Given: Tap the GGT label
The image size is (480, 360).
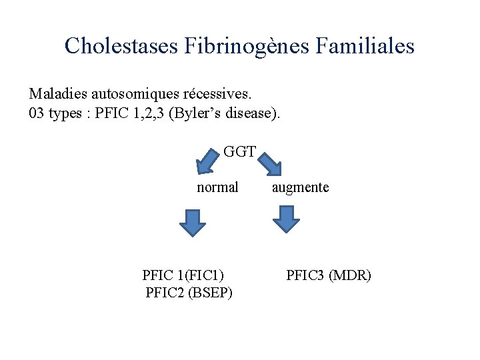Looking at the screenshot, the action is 240,151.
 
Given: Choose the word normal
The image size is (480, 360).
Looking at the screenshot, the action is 217,187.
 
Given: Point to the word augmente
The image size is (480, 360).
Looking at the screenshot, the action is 300,187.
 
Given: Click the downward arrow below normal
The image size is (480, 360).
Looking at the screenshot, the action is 192,223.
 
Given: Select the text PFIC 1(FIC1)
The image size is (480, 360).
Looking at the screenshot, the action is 183,275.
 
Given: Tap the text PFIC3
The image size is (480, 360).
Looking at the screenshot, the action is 305,275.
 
